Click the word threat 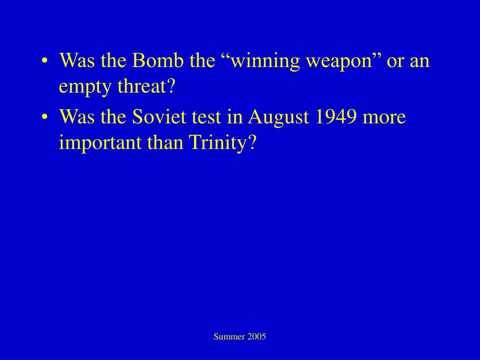coord(146,86)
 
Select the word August coord(279,117)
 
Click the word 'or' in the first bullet coord(395,61)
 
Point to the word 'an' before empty coord(420,61)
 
